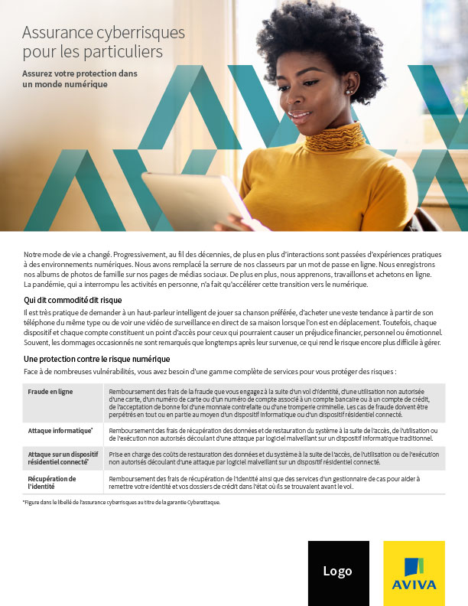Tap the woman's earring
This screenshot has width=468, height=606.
(349, 92)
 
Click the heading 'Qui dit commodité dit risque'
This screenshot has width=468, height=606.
(73, 300)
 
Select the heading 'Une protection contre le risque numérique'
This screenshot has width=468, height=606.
(96, 359)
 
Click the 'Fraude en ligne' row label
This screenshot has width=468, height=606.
(50, 392)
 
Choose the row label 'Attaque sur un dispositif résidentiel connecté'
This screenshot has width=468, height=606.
(63, 458)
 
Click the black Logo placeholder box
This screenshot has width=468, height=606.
(337, 572)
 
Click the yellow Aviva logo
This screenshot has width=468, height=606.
(414, 572)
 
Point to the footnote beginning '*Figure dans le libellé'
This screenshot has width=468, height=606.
(122, 503)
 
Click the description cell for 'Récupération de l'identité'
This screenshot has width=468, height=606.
(271, 481)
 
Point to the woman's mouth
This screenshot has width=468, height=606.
(300, 117)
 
